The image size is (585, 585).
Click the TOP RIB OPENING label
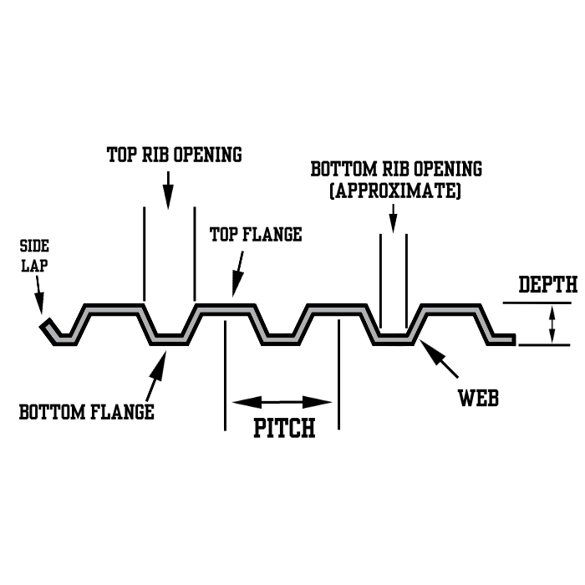coord(174,155)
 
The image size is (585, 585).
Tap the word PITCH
coord(284,429)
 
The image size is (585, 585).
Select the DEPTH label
coord(547,285)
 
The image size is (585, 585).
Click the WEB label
coord(478,398)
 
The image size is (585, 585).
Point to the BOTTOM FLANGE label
coord(86,411)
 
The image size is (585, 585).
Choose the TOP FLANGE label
coord(255,235)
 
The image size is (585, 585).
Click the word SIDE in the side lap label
coord(33,246)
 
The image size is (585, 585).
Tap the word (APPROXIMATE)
coord(396,191)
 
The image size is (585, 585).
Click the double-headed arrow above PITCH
coord(282,402)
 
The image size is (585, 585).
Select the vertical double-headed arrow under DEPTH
coord(551,324)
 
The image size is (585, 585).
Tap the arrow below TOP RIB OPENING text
coord(168,190)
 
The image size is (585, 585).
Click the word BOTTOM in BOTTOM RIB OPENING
coord(338,169)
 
